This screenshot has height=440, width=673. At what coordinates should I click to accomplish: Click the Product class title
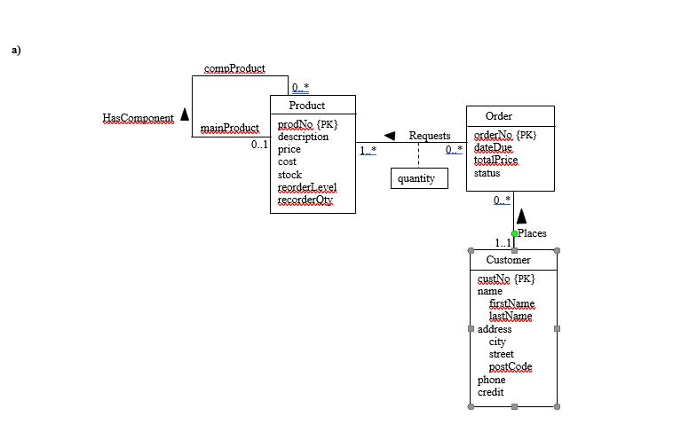pyautogui.click(x=306, y=106)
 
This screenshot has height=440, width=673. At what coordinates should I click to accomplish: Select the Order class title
pyautogui.click(x=498, y=116)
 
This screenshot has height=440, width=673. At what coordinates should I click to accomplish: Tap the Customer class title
pyautogui.click(x=508, y=260)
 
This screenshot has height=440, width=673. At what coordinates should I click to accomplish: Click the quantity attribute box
pyautogui.click(x=416, y=178)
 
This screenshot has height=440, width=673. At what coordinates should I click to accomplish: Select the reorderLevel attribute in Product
pyautogui.click(x=306, y=187)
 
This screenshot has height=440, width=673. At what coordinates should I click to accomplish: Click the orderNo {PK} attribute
pyautogui.click(x=505, y=135)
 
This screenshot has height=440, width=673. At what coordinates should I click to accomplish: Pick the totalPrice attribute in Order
pyautogui.click(x=495, y=161)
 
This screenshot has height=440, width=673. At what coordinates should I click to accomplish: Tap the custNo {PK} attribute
pyautogui.click(x=505, y=279)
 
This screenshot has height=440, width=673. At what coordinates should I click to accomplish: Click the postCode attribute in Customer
pyautogui.click(x=510, y=366)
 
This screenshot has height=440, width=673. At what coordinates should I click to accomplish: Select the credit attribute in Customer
pyautogui.click(x=491, y=392)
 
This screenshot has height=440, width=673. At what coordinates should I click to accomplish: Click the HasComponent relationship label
pyautogui.click(x=138, y=118)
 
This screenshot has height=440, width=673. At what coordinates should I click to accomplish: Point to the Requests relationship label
pyautogui.click(x=430, y=136)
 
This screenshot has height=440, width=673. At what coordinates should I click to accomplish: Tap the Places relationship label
pyautogui.click(x=532, y=233)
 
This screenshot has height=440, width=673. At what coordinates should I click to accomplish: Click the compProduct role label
pyautogui.click(x=234, y=68)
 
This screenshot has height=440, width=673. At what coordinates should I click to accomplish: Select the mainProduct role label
pyautogui.click(x=229, y=128)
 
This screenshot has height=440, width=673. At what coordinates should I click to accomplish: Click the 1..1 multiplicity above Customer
pyautogui.click(x=503, y=243)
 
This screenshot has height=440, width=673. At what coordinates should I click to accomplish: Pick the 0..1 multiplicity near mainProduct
pyautogui.click(x=259, y=144)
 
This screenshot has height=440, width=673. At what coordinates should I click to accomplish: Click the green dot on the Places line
pyautogui.click(x=514, y=233)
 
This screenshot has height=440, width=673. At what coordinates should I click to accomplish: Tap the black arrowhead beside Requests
pyautogui.click(x=388, y=136)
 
